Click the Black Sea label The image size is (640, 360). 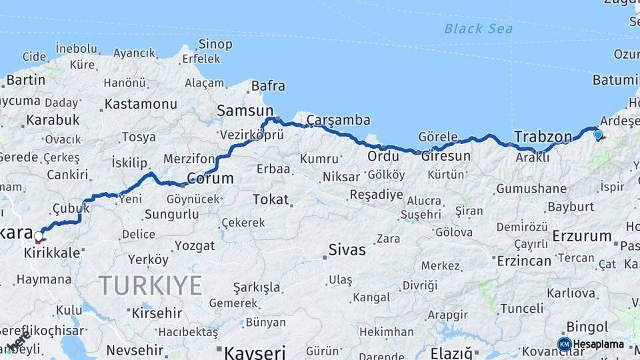click(x=479, y=28)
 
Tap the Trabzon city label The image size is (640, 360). click(x=543, y=137)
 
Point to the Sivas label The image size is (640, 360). click(x=347, y=250)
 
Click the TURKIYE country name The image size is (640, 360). click(x=151, y=285)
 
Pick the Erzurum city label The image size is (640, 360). click(x=582, y=235)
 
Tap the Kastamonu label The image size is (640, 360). click(x=141, y=104)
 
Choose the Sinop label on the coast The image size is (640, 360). click(x=215, y=45)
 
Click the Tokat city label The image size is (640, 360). click(x=271, y=199)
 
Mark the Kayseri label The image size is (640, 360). click(x=255, y=351)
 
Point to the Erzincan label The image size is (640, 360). click(x=524, y=261)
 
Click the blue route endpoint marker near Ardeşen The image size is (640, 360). click(x=597, y=135)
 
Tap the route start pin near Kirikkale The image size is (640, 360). click(x=38, y=236)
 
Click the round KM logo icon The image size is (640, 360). click(x=564, y=344)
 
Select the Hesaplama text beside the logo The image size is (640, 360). click(x=599, y=344)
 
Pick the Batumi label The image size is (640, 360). click(x=615, y=80)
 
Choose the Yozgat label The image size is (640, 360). click(x=195, y=245)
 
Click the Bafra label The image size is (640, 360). click(x=268, y=86)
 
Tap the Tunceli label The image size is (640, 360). click(x=522, y=308)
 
